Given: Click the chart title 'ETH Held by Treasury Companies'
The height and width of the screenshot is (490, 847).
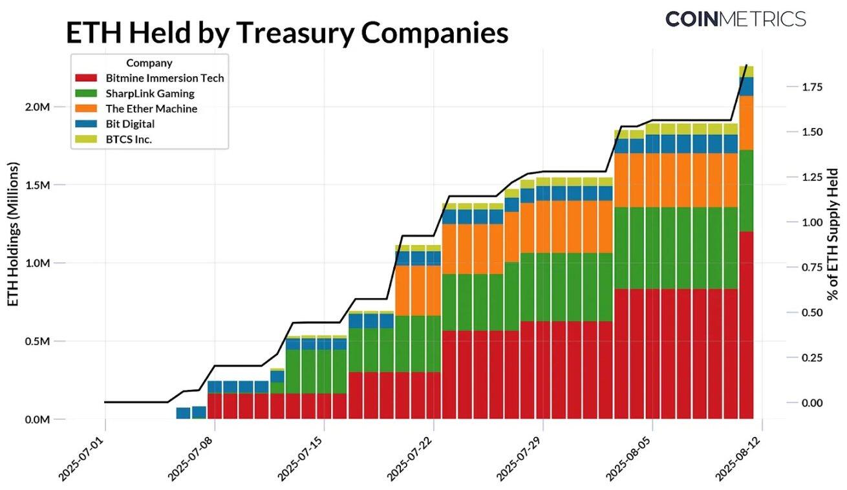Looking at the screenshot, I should pyautogui.click(x=287, y=33).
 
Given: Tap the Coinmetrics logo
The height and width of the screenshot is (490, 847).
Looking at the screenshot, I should pyautogui.click(x=735, y=19).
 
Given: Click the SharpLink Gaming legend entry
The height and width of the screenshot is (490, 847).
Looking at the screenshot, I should pyautogui.click(x=149, y=94).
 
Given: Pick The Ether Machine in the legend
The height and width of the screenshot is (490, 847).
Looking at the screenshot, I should pyautogui.click(x=151, y=109).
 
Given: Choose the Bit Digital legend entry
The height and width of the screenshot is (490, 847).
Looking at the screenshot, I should pyautogui.click(x=130, y=123).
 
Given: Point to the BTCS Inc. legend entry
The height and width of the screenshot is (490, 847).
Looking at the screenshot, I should pyautogui.click(x=129, y=139).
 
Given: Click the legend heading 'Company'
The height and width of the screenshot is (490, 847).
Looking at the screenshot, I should pyautogui.click(x=149, y=63).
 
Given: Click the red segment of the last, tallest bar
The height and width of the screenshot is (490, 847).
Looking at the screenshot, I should pyautogui.click(x=747, y=323).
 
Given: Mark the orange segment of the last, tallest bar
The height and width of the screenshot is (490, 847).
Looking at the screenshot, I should pyautogui.click(x=747, y=123).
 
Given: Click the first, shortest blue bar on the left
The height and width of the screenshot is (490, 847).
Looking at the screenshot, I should pyautogui.click(x=183, y=413).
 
